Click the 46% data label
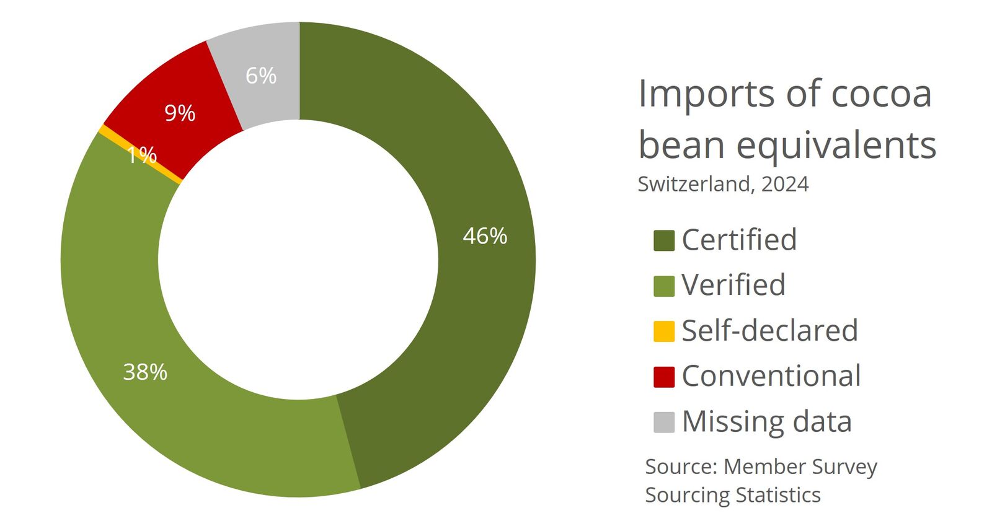pyautogui.click(x=485, y=236)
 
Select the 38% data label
pyautogui.click(x=145, y=372)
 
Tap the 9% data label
pyautogui.click(x=180, y=113)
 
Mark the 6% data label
pyautogui.click(x=261, y=76)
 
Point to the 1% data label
pyautogui.click(x=141, y=155)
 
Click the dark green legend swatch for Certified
pyautogui.click(x=663, y=240)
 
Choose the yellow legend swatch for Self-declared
pyautogui.click(x=663, y=331)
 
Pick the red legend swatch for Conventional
pyautogui.click(x=663, y=377)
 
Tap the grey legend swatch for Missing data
pyautogui.click(x=663, y=422)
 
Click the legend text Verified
pyautogui.click(x=733, y=285)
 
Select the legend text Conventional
pyautogui.click(x=771, y=376)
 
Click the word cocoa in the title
pyautogui.click(x=881, y=94)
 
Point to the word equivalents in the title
pyautogui.click(x=836, y=146)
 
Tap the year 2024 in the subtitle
pyautogui.click(x=785, y=184)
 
